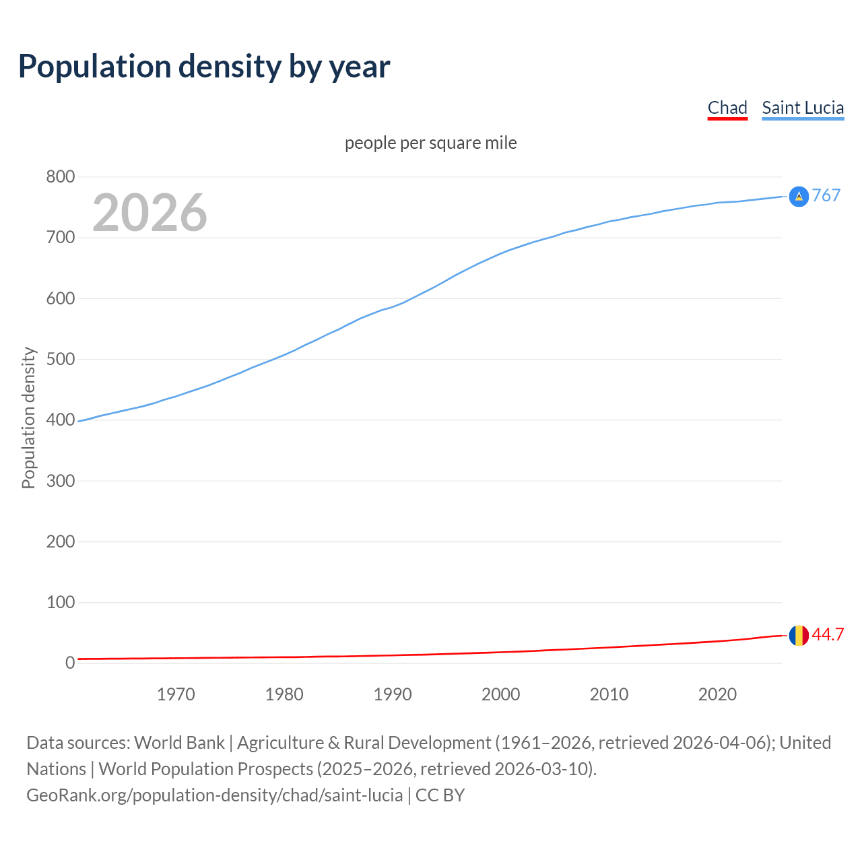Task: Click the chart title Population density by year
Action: click(x=204, y=67)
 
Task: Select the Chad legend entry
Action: click(x=727, y=108)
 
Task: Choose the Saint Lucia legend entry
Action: click(x=803, y=108)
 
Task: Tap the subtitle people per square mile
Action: click(x=431, y=143)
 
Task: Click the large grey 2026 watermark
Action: click(x=150, y=213)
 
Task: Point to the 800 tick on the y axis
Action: click(x=60, y=177)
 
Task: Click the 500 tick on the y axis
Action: click(x=60, y=359)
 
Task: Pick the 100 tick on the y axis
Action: click(x=60, y=602)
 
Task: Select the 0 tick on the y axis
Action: click(x=70, y=663)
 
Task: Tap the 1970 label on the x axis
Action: click(x=176, y=694)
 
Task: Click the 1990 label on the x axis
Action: click(x=393, y=694)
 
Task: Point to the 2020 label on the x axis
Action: click(x=717, y=694)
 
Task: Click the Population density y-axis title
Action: click(x=28, y=418)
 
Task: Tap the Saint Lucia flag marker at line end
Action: click(x=799, y=197)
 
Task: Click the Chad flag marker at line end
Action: click(x=799, y=635)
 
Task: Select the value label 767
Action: click(x=826, y=195)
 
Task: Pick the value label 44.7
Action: click(x=828, y=635)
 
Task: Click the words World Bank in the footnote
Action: click(x=179, y=743)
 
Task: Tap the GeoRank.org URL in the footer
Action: click(x=214, y=795)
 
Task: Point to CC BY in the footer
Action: click(x=440, y=795)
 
